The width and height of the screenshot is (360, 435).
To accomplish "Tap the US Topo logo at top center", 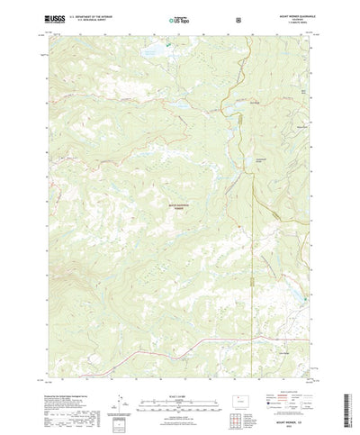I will click(x=179, y=17).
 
